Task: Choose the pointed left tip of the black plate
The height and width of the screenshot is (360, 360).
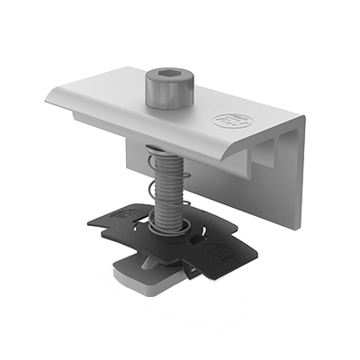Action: (x=91, y=221)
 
